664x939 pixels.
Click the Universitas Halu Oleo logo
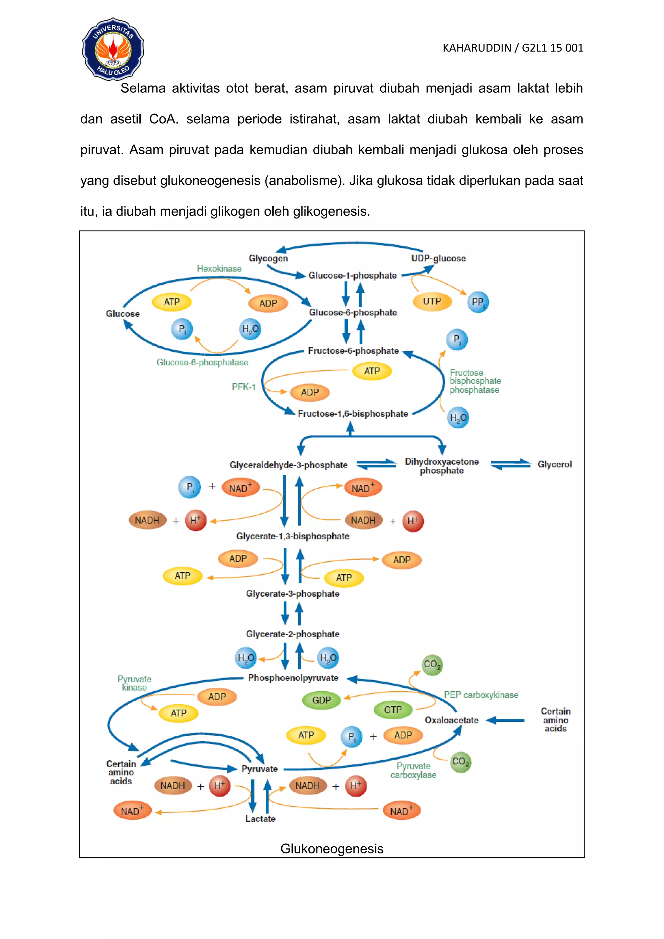[x=113, y=49]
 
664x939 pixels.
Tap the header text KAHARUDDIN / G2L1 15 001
[x=513, y=48]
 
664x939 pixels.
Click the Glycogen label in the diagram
[x=268, y=258]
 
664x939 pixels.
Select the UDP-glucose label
[x=438, y=258]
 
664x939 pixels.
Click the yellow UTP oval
[x=432, y=302]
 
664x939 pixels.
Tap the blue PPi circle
[x=478, y=302]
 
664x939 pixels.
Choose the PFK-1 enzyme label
[x=244, y=387]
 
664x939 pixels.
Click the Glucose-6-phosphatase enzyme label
[x=202, y=363]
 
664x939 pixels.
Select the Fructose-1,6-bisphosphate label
[x=353, y=413]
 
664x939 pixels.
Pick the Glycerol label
[x=554, y=464]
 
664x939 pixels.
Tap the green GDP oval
[x=321, y=700]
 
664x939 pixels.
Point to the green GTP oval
[x=393, y=709]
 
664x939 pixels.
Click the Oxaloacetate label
[x=451, y=720]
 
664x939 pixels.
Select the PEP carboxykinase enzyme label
[x=481, y=695]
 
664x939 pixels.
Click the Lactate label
[x=260, y=819]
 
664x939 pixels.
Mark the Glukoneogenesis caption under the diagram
[x=332, y=849]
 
